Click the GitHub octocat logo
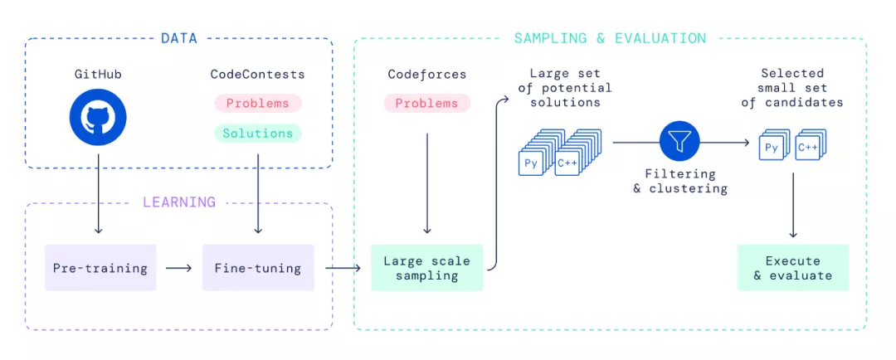[x=98, y=118]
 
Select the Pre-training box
[x=100, y=268]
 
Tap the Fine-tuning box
[x=258, y=268]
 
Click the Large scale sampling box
[x=426, y=268]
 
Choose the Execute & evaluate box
[x=792, y=268]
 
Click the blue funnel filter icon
[x=680, y=142]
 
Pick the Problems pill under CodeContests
[x=257, y=104]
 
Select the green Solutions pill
[x=257, y=133]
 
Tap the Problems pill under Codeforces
[x=426, y=104]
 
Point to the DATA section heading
[x=179, y=38]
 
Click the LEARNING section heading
[x=179, y=202]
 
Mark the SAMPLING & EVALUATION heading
[x=610, y=38]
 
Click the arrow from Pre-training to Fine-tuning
[x=178, y=268]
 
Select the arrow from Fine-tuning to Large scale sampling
[x=343, y=268]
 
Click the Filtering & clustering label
[x=679, y=181]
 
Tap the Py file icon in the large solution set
[x=531, y=163]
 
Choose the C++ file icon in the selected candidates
[x=807, y=148]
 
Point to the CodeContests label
[x=257, y=75]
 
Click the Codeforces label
[x=426, y=75]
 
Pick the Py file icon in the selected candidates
[x=772, y=148]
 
